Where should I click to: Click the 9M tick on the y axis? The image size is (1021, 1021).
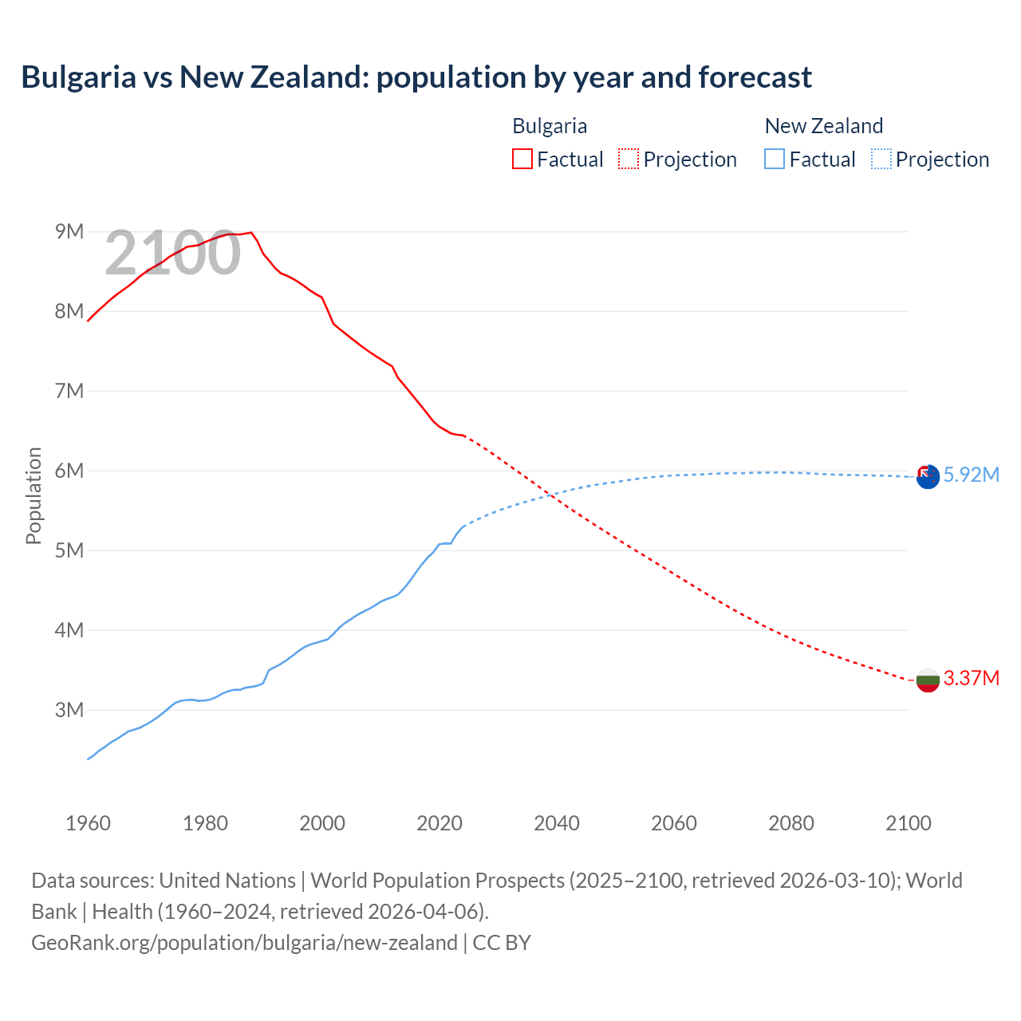69,231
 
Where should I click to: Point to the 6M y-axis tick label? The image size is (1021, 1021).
69,471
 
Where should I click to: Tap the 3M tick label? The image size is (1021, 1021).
69,710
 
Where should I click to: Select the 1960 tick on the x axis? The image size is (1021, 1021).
88,823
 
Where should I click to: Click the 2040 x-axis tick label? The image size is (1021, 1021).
557,823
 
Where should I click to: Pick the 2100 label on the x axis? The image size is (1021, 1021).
908,823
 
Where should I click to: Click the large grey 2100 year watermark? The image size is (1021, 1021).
172,253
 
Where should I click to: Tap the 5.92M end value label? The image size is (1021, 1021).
971,475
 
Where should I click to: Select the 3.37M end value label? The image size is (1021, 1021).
971,678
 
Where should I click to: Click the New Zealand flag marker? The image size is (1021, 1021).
928,477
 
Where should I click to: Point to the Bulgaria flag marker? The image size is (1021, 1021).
928,680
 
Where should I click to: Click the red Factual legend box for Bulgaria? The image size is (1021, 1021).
522,159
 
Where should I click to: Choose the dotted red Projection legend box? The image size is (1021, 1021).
629,159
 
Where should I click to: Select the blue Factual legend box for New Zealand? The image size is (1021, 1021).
775,159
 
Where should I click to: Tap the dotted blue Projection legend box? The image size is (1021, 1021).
881,159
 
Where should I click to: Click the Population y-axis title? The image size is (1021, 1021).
34,495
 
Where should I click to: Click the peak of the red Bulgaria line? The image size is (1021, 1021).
251,232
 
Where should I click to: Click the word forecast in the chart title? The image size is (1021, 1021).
755,77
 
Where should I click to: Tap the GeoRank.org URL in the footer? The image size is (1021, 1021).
244,942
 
